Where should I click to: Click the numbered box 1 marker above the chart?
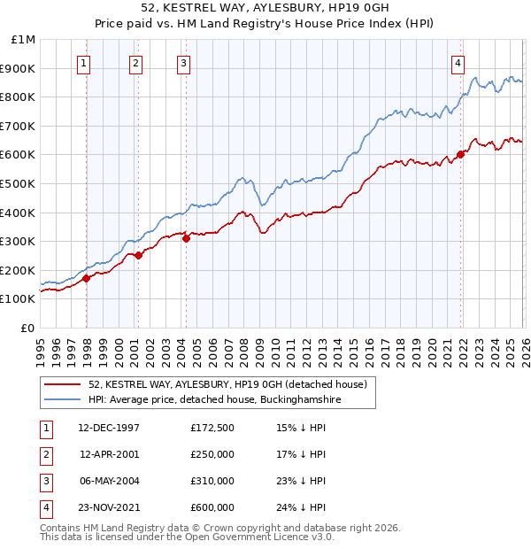pos(83,62)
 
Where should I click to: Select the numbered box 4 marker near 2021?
pos(458,62)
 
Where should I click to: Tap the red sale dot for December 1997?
pos(86,278)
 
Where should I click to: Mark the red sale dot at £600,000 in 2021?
pos(461,154)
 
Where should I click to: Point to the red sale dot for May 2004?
pos(186,238)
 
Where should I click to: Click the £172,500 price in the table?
pos(212,428)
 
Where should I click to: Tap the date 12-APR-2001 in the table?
pos(110,454)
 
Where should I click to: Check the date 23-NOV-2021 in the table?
pos(110,507)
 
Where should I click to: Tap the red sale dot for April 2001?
pos(138,255)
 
